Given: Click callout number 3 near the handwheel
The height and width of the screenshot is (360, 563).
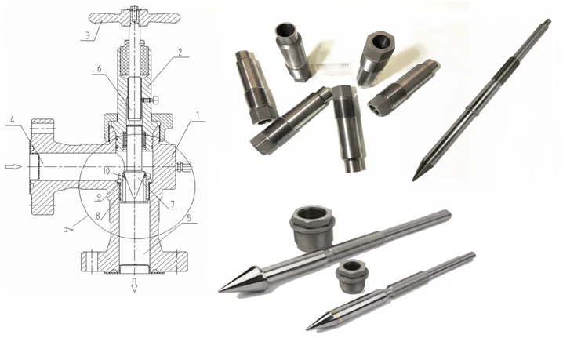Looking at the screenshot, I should click(x=89, y=35).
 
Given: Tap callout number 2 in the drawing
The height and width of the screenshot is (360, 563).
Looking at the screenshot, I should click(x=180, y=53).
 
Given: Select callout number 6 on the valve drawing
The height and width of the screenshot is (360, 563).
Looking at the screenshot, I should click(x=99, y=69).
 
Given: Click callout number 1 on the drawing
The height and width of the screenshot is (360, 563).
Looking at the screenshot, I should click(x=198, y=115).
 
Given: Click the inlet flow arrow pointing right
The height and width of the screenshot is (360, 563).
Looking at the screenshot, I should click(x=13, y=166).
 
